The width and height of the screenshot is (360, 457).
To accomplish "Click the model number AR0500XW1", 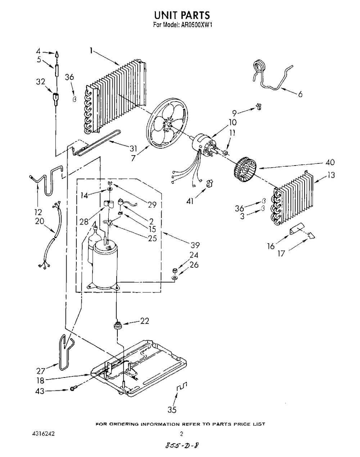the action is [197, 25].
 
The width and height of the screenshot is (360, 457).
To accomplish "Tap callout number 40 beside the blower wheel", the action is [330, 162].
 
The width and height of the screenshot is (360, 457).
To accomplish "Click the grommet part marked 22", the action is [117, 325].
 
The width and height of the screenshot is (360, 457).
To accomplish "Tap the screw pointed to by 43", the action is [73, 389].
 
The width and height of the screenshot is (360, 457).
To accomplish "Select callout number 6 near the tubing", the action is [300, 94].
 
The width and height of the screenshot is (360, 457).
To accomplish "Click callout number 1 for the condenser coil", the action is [91, 51].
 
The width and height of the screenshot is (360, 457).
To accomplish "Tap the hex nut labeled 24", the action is [175, 270].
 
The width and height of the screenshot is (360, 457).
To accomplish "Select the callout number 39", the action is [195, 245].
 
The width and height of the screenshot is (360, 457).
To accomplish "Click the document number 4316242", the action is [44, 434].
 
